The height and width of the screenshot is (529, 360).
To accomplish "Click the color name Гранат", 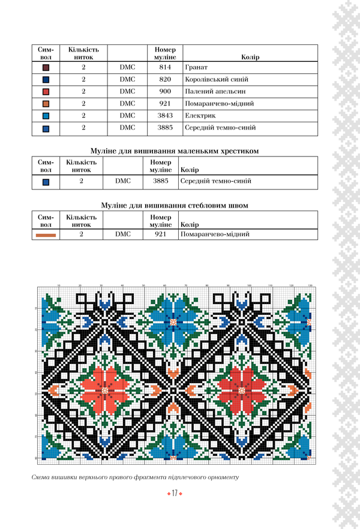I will (197, 68).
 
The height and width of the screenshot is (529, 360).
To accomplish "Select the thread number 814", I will (165, 68).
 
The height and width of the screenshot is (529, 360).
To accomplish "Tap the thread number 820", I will (165, 79).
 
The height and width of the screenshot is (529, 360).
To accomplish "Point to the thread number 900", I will (165, 91).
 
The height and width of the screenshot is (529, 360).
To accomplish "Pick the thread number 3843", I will (165, 115).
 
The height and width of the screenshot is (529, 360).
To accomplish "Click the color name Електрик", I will (200, 115).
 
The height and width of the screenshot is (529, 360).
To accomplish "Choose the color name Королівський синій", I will (217, 79).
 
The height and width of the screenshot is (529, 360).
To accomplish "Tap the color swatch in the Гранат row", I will (46, 68).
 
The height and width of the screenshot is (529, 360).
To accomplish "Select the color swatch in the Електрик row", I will (46, 116).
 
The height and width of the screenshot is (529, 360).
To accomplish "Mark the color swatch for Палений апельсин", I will (46, 92).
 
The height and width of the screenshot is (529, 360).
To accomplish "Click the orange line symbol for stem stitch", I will (46, 235).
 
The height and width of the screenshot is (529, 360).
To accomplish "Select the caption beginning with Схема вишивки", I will (136, 477).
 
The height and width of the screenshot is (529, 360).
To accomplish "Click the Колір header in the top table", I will (250, 57).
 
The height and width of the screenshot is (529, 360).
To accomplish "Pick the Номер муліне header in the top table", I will (165, 53).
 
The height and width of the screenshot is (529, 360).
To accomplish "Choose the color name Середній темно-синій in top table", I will (221, 127).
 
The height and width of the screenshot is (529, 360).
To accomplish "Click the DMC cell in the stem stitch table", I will (123, 235).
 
